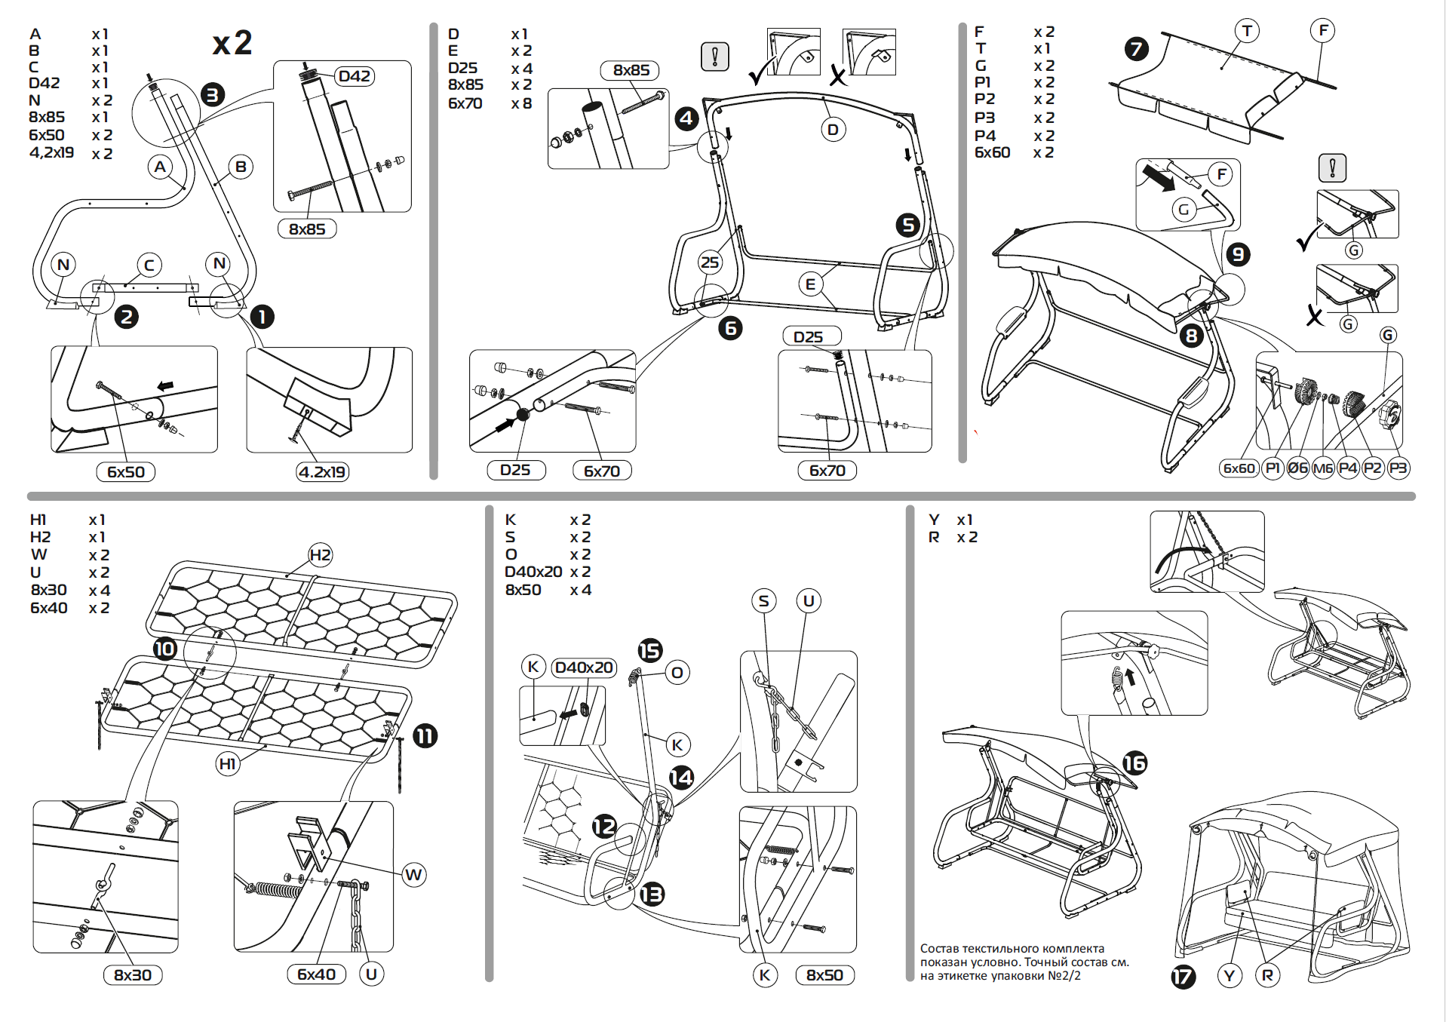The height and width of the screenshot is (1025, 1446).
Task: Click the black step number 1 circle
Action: pos(262,317)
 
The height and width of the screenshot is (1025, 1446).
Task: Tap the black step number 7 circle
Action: pos(1136,49)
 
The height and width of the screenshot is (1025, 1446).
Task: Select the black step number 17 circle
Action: pos(1183,977)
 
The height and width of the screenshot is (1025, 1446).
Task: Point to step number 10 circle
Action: pos(164,649)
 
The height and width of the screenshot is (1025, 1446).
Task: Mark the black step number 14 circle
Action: pos(681,777)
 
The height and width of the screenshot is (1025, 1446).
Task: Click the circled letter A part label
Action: pos(160,167)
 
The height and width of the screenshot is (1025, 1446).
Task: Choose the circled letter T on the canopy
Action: pos(1247,31)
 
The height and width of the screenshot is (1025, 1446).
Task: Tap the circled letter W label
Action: pos(413,875)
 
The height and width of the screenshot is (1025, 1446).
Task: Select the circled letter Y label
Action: pos(1230,976)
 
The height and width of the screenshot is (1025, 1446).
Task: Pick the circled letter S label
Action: pos(764,601)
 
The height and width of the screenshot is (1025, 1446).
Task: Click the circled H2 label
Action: pos(320,555)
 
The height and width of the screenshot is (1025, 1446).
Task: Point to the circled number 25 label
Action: pos(710,262)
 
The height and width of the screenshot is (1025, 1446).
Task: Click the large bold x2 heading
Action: pos(232,43)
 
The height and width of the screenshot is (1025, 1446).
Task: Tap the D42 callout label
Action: pos(354,76)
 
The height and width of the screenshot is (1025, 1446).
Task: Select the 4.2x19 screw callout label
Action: pos(322,472)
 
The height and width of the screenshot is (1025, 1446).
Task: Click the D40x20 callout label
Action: pos(584,667)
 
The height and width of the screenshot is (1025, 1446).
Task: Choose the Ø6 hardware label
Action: pos(1297,468)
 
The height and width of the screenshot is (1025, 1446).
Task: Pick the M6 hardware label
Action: pos(1323,468)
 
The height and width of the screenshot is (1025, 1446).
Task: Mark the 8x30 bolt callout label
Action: pos(133,975)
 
